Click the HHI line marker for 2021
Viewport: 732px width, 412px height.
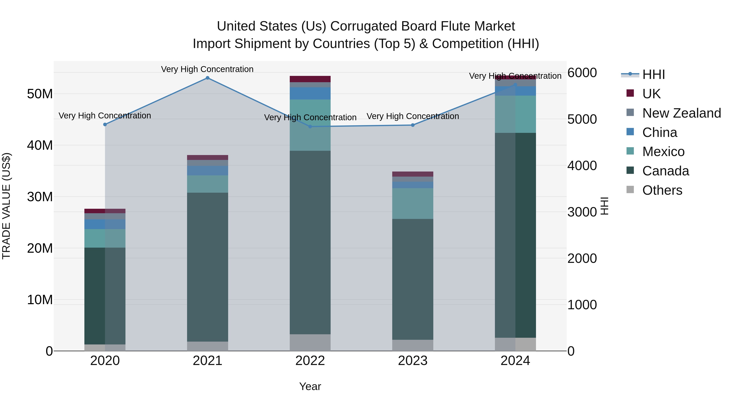207,78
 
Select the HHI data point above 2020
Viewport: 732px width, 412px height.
105,125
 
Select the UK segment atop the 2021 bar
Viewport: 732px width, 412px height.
207,157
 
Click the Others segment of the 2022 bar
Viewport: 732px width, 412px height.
310,342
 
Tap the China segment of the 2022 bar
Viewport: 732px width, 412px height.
310,93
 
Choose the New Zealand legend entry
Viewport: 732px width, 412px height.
681,113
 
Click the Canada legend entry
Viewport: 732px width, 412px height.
666,171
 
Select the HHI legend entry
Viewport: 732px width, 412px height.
654,74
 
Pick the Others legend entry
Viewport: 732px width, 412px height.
662,190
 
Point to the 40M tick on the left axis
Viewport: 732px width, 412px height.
40,145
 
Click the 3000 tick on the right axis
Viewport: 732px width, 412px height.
582,212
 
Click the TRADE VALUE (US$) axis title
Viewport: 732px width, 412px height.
6,206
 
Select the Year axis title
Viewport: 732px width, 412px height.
310,386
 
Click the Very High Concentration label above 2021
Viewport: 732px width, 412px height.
207,69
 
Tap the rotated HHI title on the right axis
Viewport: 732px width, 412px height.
605,206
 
